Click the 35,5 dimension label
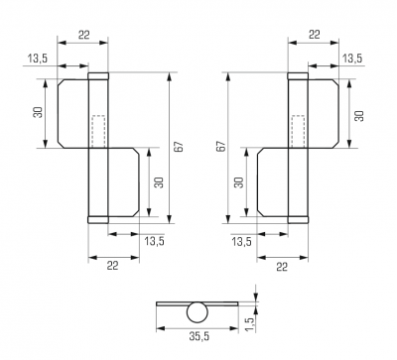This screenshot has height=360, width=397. coord(199,337)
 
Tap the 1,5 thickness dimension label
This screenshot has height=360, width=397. coord(250,324)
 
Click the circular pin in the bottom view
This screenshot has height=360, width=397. coord(198,312)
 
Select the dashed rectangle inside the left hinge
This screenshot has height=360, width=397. coord(98,131)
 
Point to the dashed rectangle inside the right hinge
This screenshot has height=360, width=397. coord(299,131)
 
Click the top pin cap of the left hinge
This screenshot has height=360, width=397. coord(98,76)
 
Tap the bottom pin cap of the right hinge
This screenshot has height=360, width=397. coord(298,220)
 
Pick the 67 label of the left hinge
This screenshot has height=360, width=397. coord(179,147)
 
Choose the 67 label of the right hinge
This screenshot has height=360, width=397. coord(221,147)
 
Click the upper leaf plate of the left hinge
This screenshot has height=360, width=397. coord(73,113)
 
